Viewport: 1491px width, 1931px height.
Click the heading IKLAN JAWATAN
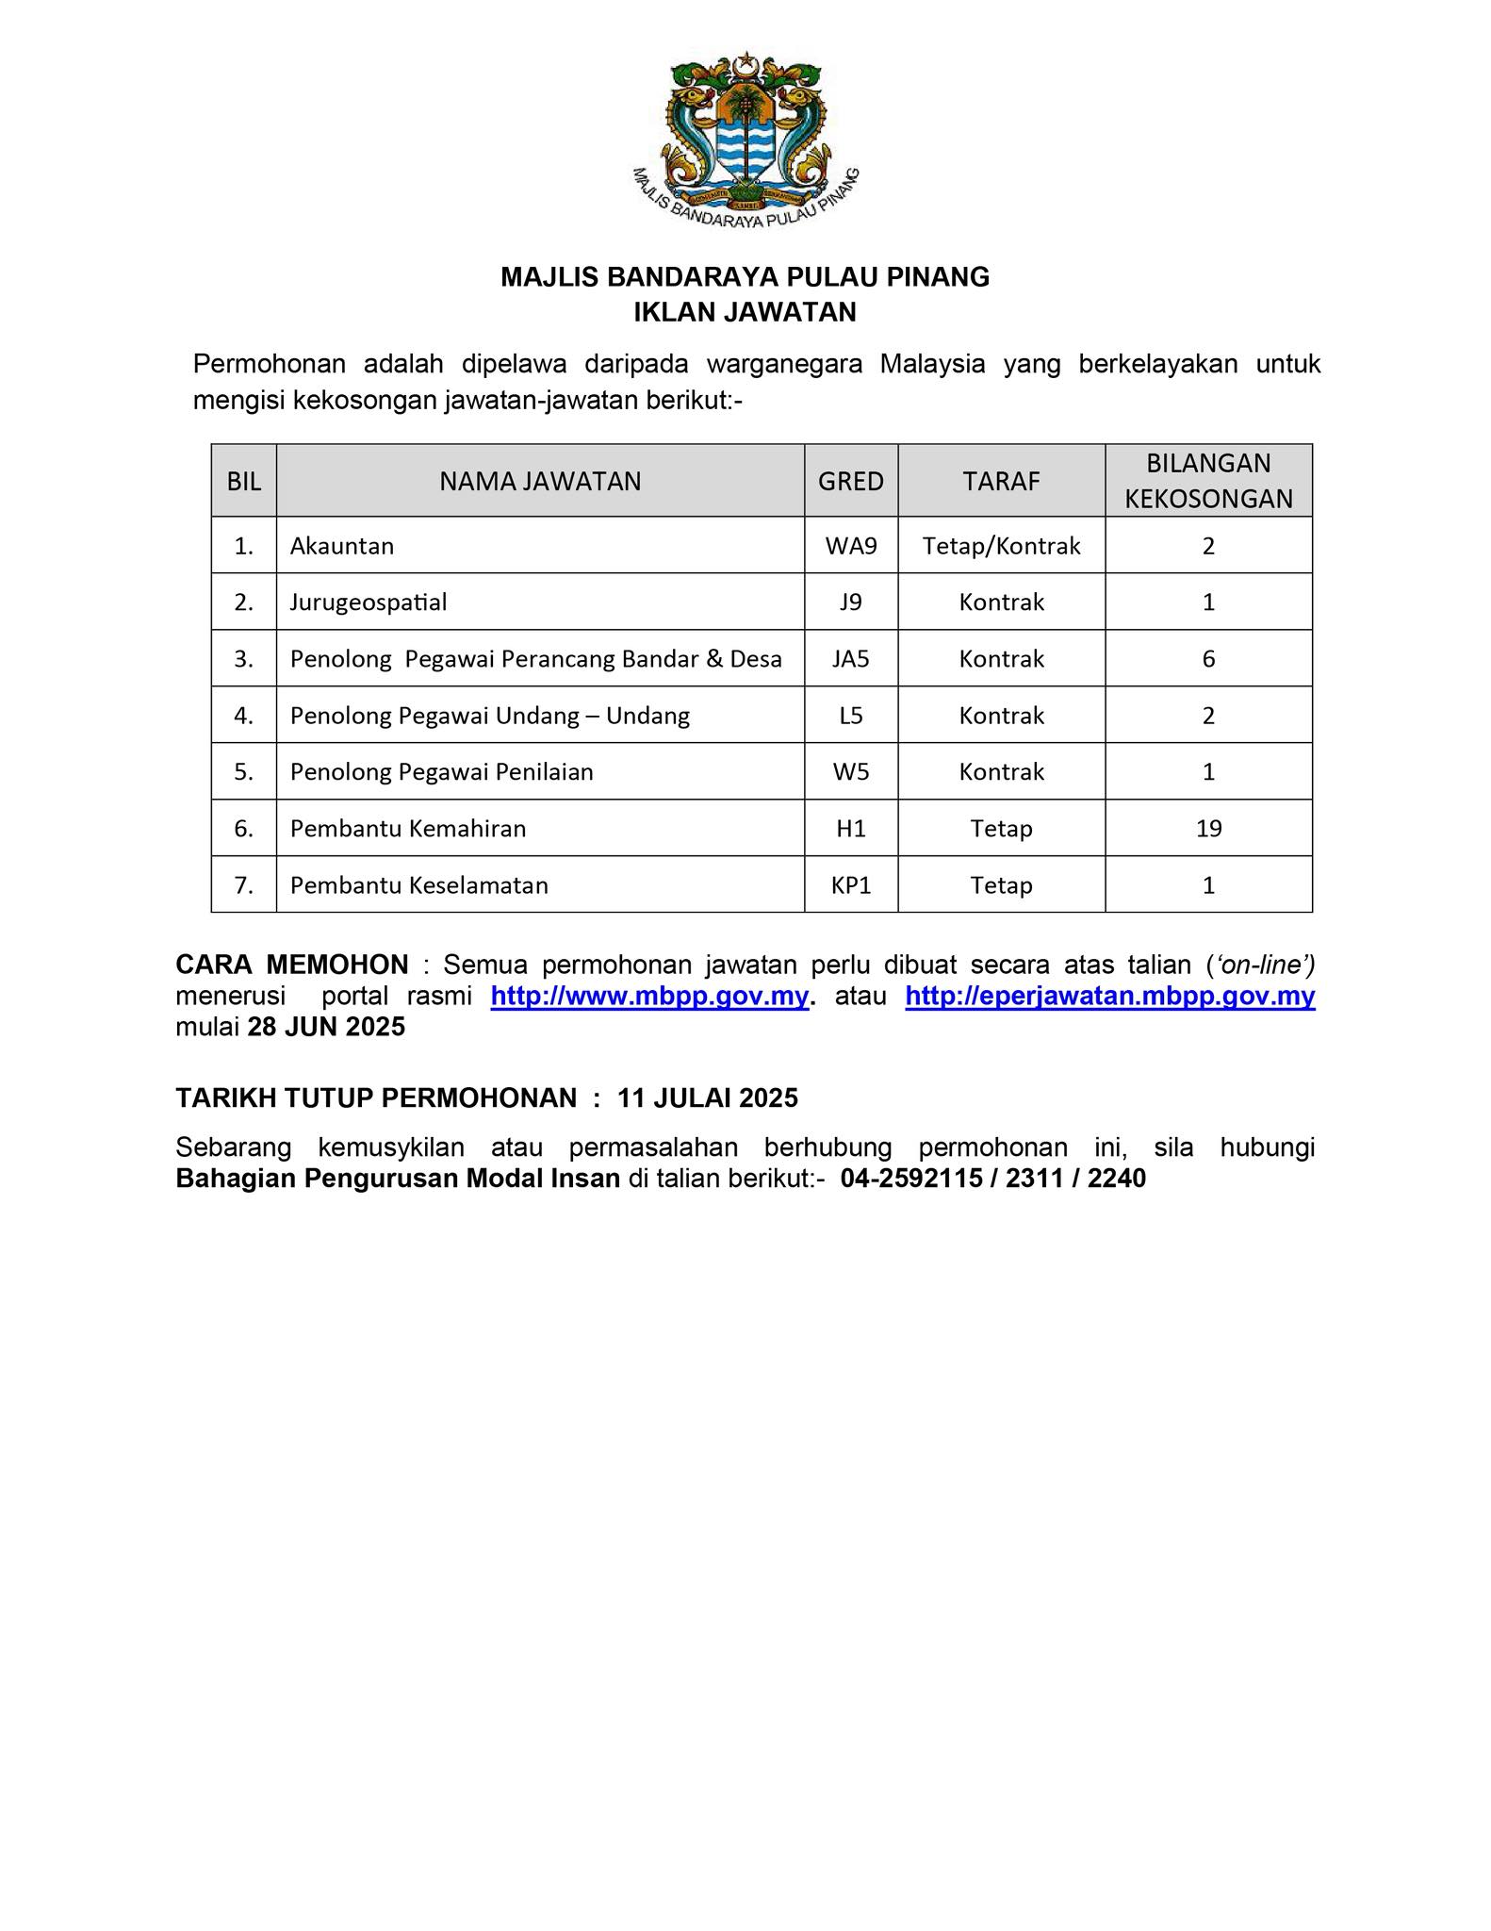tap(745, 312)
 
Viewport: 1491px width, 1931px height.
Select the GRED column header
tap(850, 482)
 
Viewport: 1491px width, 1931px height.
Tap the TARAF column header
tap(1001, 482)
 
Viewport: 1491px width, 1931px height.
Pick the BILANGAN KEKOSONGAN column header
tap(1208, 481)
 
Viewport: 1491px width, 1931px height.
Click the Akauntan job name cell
tap(342, 546)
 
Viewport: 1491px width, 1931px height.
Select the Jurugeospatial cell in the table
tap(369, 602)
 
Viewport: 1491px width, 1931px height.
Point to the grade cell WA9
tap(850, 546)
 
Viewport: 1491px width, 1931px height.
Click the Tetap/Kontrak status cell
tap(1001, 546)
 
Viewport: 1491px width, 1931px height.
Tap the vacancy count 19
tap(1208, 829)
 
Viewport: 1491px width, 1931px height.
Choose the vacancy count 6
tap(1208, 659)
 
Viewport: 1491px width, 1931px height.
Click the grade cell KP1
tap(850, 885)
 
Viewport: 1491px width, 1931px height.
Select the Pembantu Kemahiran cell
tap(408, 829)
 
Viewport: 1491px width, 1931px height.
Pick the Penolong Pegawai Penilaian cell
tap(442, 772)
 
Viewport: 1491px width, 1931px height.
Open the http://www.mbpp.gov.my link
tap(649, 997)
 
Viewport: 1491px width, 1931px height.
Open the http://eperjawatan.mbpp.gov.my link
tap(1109, 997)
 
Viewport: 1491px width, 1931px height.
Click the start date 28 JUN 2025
tap(326, 1027)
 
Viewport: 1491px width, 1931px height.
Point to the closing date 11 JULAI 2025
tap(707, 1098)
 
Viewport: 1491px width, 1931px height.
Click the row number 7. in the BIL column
tap(244, 885)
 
